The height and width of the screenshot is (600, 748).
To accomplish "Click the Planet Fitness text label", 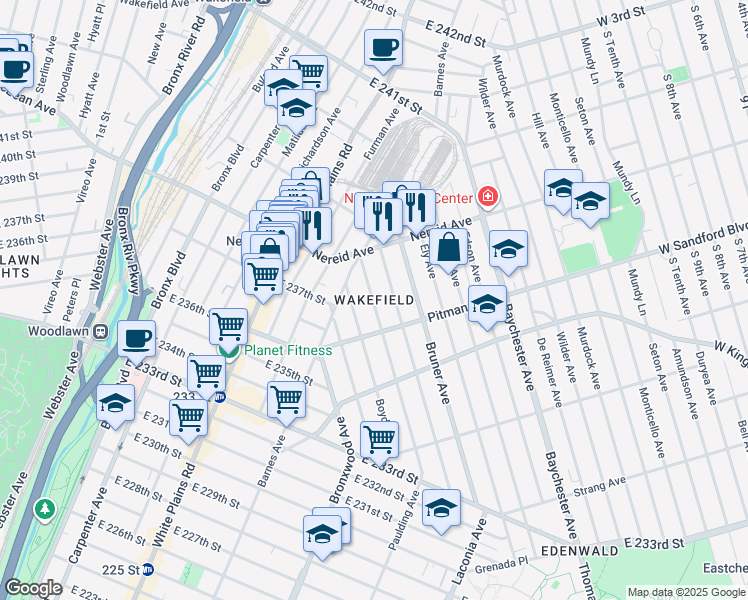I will (x=289, y=350).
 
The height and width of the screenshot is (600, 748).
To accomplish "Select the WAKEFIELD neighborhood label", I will (x=373, y=299).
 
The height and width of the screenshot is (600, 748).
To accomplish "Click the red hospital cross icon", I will (x=487, y=196).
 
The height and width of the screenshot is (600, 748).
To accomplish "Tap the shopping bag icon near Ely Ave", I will (x=451, y=246).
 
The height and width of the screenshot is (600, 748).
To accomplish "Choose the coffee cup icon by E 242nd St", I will (x=383, y=46).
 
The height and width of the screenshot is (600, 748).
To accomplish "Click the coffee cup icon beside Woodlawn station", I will (x=137, y=338).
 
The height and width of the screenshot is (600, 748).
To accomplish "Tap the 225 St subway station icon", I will (x=147, y=570).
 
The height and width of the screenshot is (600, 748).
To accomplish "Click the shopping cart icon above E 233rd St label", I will (x=379, y=438).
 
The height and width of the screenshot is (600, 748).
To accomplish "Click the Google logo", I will (x=33, y=588).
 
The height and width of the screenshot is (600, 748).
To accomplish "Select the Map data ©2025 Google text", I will (x=686, y=592).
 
